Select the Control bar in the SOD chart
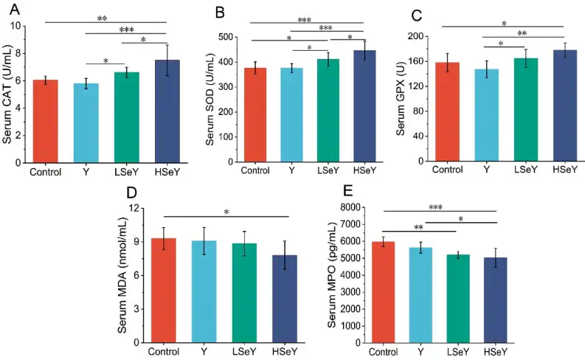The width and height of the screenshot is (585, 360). (255, 114)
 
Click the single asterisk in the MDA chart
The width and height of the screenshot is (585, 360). (226, 212)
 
